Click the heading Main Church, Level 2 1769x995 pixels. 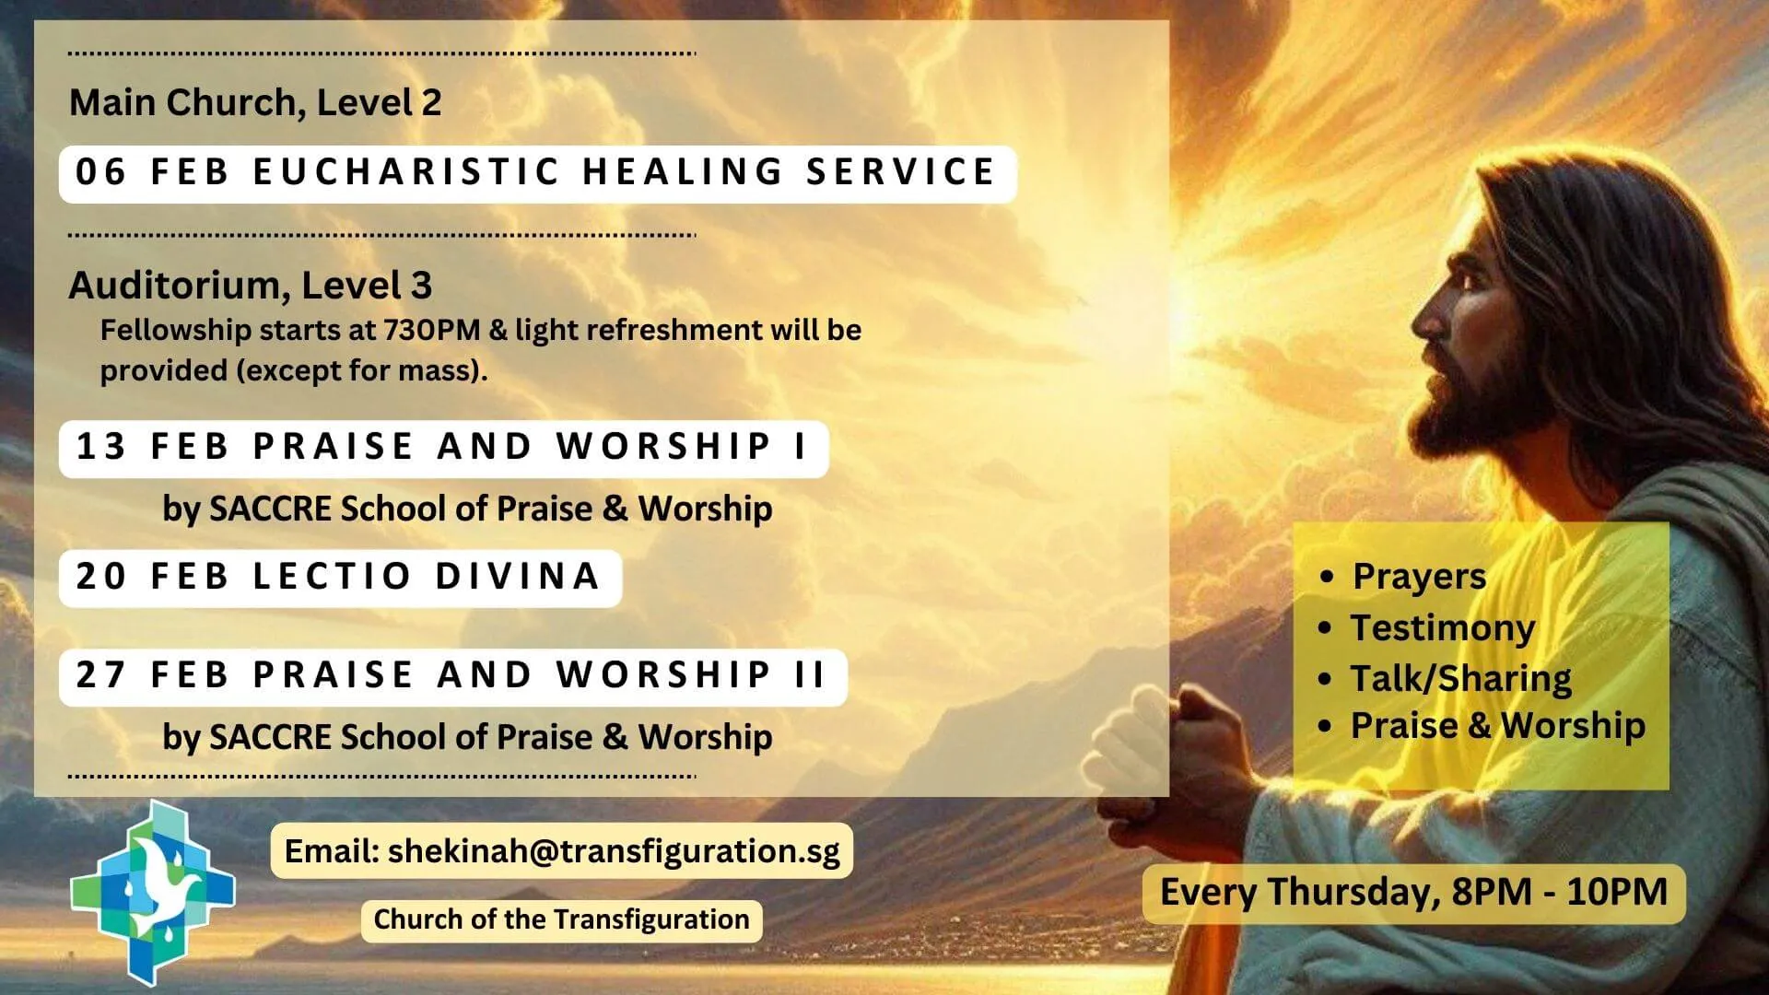[255, 102]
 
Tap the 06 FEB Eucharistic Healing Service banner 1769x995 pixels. [537, 173]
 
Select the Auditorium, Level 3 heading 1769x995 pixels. [250, 286]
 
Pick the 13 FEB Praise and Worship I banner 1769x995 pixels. [443, 448]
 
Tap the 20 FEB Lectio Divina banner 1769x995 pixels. [340, 578]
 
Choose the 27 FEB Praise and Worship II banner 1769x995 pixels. [452, 676]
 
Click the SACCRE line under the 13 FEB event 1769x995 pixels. [467, 509]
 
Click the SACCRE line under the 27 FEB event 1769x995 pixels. [467, 737]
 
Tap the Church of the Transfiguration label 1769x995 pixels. [561, 919]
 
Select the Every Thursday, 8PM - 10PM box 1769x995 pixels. [1413, 892]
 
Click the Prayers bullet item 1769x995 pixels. [1418, 577]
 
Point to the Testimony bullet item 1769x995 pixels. [1442, 628]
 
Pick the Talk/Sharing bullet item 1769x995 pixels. [1460, 678]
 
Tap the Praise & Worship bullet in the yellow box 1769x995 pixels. [1497, 726]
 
